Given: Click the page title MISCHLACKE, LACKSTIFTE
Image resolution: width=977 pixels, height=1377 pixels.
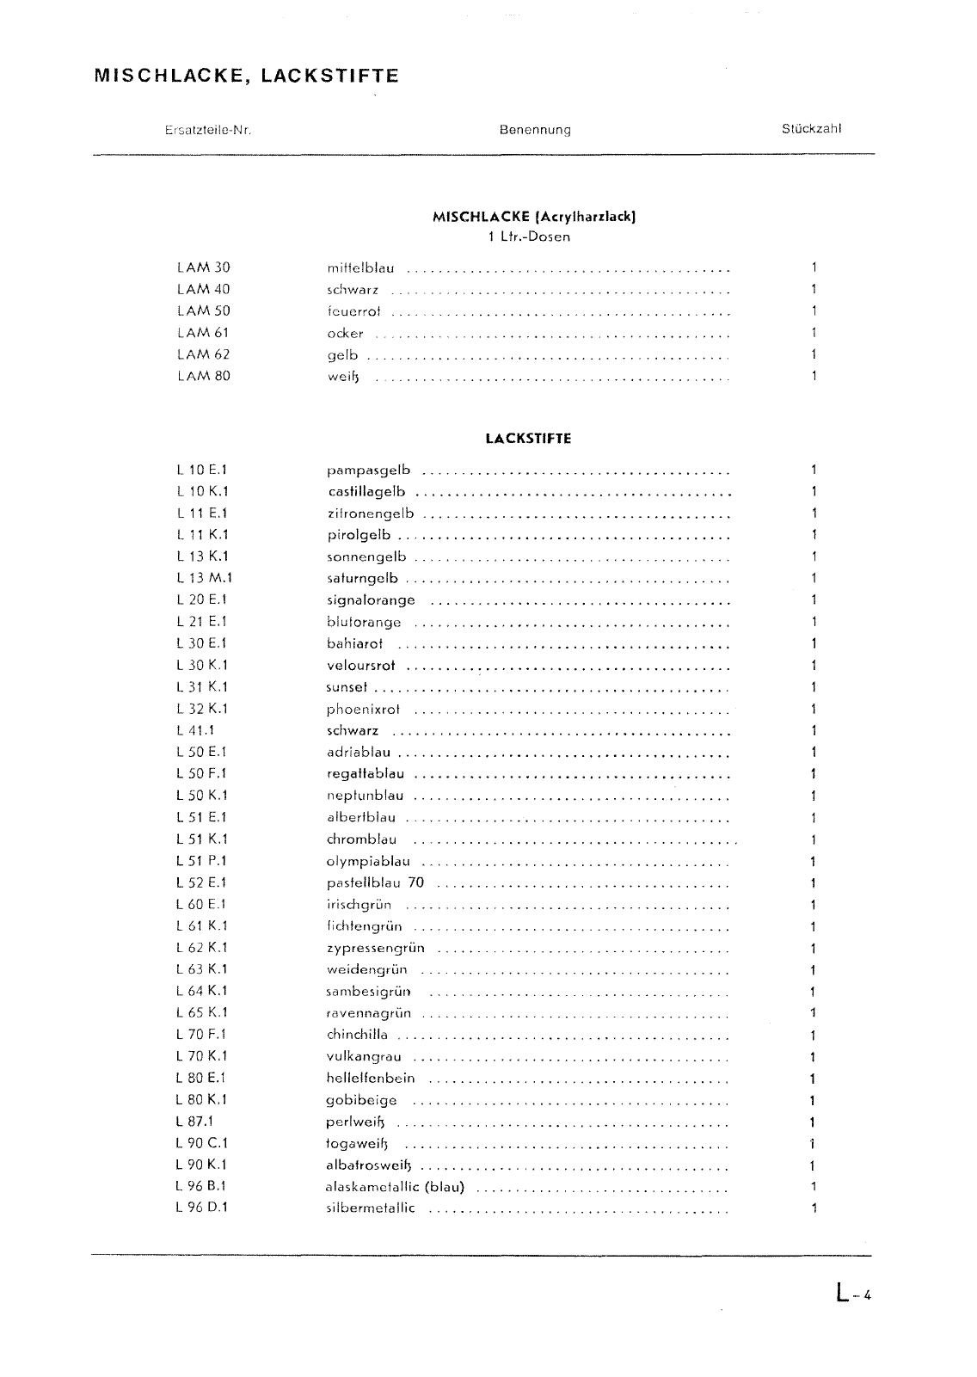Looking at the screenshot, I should [247, 76].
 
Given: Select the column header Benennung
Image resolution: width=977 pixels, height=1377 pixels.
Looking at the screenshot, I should [534, 131].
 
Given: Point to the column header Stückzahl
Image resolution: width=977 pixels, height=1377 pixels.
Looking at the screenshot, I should [811, 130].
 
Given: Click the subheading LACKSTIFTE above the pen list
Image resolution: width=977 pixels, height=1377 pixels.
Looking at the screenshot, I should [528, 439].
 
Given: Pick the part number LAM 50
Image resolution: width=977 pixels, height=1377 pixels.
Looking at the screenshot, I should [204, 311].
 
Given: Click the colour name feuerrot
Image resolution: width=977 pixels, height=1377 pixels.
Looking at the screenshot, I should [353, 312].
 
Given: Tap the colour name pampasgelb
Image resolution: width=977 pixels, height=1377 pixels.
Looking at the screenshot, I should [368, 470].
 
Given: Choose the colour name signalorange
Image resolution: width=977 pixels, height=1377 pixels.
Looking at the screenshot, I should [371, 600].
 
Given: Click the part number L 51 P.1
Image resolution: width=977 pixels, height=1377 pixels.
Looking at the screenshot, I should [202, 861].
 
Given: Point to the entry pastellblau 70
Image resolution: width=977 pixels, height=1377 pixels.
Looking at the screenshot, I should [375, 883].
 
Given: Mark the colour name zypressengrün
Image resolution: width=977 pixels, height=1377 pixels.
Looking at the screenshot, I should [375, 949].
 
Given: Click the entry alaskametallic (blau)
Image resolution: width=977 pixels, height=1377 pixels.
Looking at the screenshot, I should [396, 1187].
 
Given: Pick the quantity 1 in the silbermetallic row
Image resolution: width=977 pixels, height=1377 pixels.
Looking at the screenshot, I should [813, 1208].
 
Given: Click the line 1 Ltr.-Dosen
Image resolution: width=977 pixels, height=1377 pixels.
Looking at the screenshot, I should [528, 237].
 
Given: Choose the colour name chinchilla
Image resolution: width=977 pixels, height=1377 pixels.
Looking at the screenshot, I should [357, 1035].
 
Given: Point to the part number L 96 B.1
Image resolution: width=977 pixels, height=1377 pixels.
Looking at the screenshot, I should [202, 1186].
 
